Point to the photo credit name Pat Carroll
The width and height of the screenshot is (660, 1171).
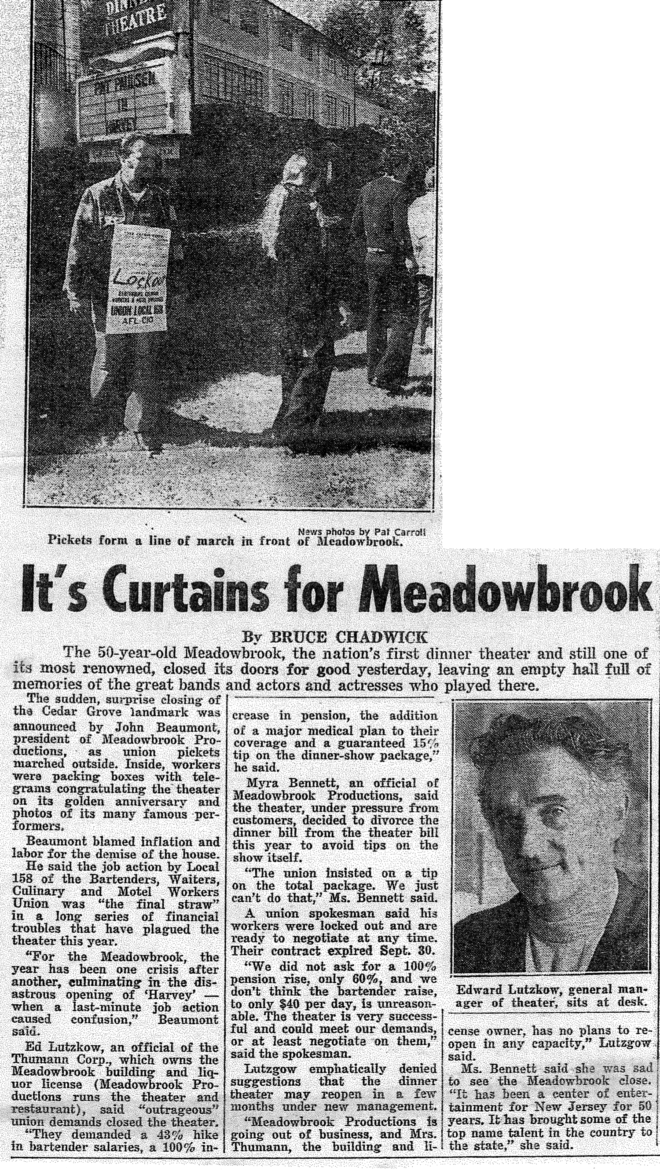click(x=400, y=533)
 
